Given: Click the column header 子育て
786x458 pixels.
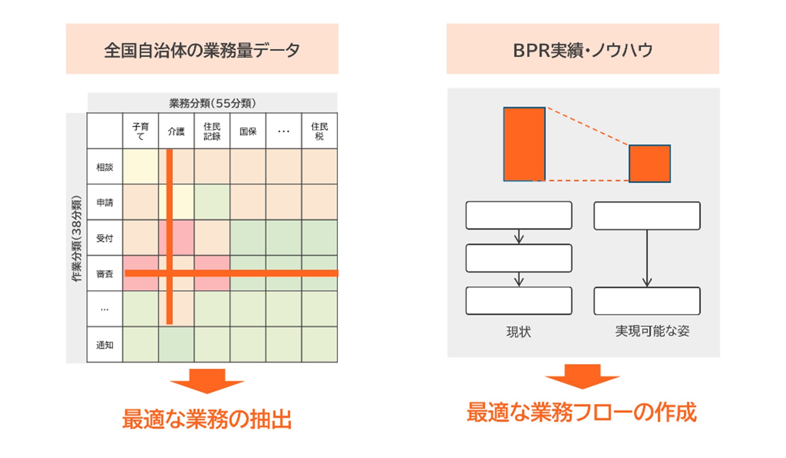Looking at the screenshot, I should pyautogui.click(x=140, y=131).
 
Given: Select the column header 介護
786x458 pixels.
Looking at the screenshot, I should pyautogui.click(x=176, y=131).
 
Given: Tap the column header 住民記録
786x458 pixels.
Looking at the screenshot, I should pyautogui.click(x=212, y=131).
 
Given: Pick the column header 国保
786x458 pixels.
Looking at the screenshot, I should pyautogui.click(x=248, y=131).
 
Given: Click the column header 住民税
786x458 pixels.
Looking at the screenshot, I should pyautogui.click(x=319, y=131).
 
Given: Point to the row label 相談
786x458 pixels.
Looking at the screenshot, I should pyautogui.click(x=105, y=167).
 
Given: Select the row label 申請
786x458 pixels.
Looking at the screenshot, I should pyautogui.click(x=105, y=202).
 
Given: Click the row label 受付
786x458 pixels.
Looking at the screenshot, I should pyautogui.click(x=105, y=238).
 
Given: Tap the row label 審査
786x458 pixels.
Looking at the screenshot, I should pyautogui.click(x=105, y=273).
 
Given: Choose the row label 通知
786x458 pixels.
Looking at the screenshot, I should pyautogui.click(x=105, y=345).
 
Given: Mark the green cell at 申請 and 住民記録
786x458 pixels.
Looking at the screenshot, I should pyautogui.click(x=212, y=202).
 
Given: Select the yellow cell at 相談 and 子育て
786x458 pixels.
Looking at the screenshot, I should pyautogui.click(x=140, y=167).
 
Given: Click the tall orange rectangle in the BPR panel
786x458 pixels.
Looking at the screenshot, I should pyautogui.click(x=524, y=144).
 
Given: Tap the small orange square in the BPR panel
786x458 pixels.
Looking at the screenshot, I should pyautogui.click(x=649, y=163).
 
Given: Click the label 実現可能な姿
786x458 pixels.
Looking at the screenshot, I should pyautogui.click(x=652, y=331).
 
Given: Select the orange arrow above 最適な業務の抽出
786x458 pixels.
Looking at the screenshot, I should pyautogui.click(x=207, y=381).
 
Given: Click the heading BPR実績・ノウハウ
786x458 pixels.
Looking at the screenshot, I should pyautogui.click(x=582, y=50).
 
